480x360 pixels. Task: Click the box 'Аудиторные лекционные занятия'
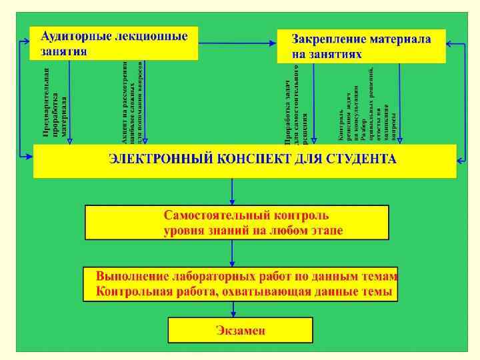pyautogui.click(x=114, y=43)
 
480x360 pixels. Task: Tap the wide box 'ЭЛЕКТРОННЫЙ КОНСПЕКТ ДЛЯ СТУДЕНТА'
pyautogui.click(x=245, y=161)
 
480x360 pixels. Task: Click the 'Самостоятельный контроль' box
pyautogui.click(x=236, y=223)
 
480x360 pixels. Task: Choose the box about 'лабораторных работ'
pyautogui.click(x=241, y=284)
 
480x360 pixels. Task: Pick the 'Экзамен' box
pyautogui.click(x=240, y=330)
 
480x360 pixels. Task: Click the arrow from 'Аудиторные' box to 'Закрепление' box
pyautogui.click(x=238, y=43)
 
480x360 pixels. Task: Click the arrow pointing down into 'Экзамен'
pyautogui.click(x=231, y=309)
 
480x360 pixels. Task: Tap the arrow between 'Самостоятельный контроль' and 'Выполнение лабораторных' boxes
pyautogui.click(x=231, y=253)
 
